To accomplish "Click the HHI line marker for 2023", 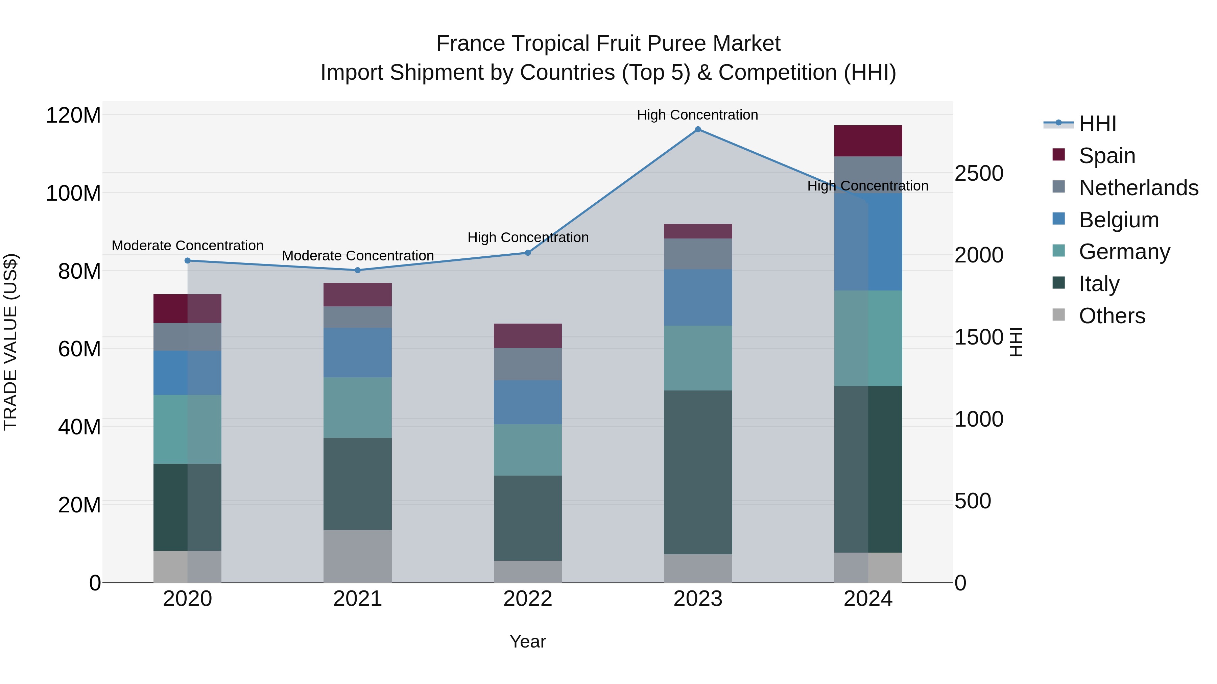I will tap(698, 129).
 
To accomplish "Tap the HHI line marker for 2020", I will tap(188, 260).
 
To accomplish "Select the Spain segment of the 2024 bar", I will tap(868, 141).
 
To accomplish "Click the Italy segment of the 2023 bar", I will tap(698, 472).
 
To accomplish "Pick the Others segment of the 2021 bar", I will tap(358, 556).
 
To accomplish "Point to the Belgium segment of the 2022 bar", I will tap(528, 402).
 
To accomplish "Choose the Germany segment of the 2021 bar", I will tap(358, 407).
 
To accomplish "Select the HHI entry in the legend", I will tap(1097, 124).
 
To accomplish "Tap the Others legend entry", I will tap(1112, 316).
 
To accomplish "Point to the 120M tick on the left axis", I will tap(73, 116).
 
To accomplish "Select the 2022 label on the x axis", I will tap(528, 599).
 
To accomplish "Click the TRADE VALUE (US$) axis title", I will tap(10, 342).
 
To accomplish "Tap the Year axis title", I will tap(528, 641).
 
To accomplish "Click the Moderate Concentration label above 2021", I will tap(358, 256).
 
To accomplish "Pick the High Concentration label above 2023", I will tap(697, 115).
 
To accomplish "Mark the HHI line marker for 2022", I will tap(528, 253).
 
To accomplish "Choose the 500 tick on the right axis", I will tap(973, 501).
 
